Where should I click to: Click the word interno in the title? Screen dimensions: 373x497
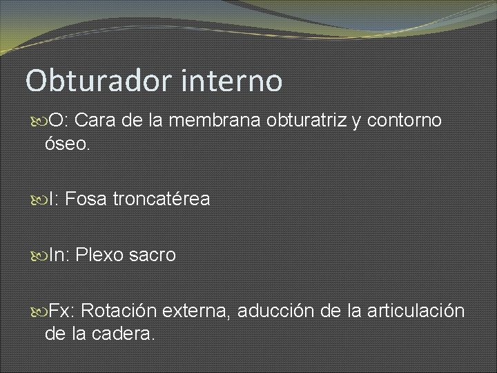(x=233, y=81)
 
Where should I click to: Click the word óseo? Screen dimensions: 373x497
(x=67, y=145)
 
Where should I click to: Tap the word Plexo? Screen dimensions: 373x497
(x=99, y=256)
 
